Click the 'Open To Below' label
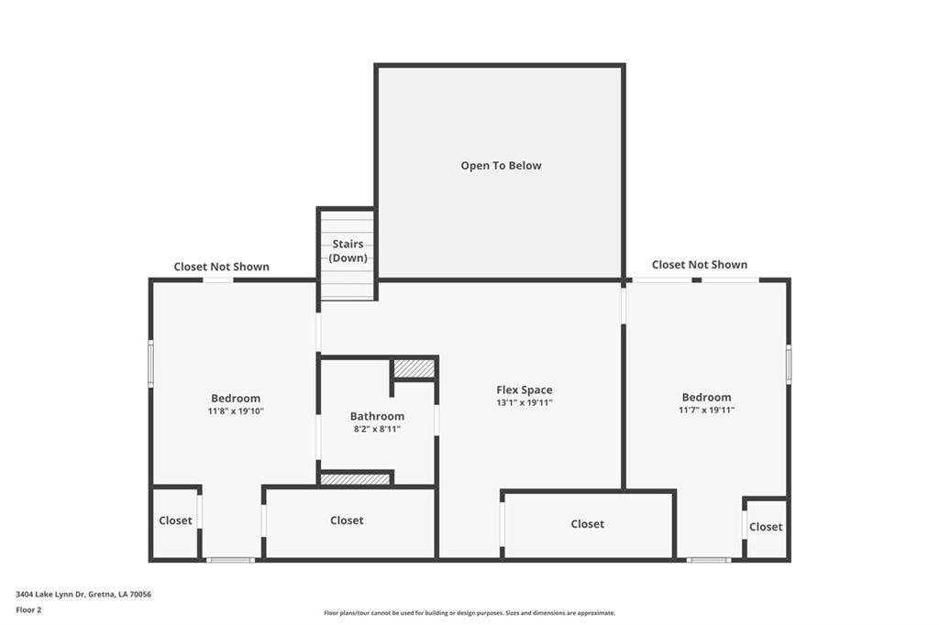point(501,166)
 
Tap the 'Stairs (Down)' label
point(348,251)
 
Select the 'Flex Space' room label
point(524,389)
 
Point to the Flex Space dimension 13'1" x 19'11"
point(524,403)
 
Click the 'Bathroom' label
point(377,416)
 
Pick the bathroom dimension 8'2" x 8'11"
point(377,429)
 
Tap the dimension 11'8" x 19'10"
point(236,411)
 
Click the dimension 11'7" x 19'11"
point(707,410)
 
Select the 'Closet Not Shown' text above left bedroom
point(222,267)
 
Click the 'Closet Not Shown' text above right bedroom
point(700,265)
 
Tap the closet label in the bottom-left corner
point(175,521)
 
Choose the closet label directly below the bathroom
point(347,521)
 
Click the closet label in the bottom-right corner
point(766,527)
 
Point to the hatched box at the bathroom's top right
point(414,368)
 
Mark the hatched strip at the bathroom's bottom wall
point(355,479)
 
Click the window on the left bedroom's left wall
point(151,363)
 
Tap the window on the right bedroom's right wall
point(789,364)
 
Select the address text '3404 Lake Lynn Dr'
point(50,595)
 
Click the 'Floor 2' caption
point(28,610)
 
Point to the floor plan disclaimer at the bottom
point(469,613)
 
